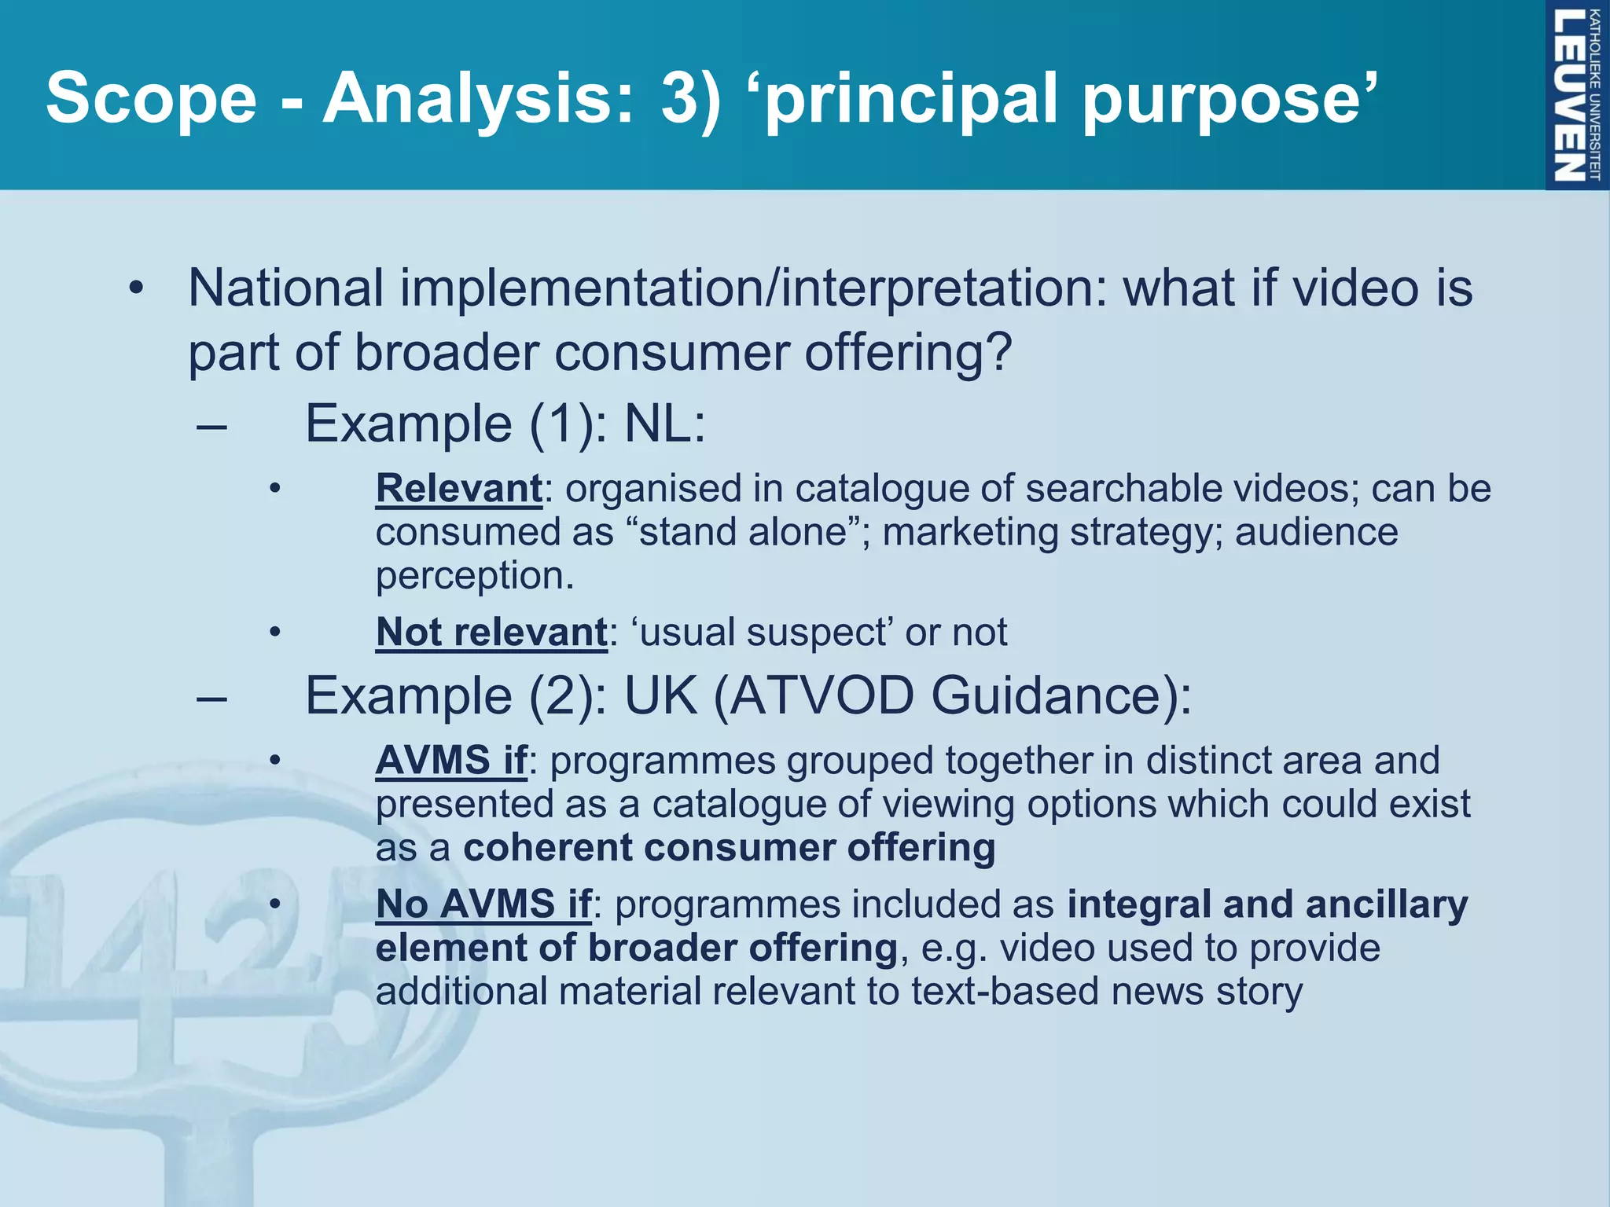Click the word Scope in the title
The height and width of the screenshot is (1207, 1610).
151,98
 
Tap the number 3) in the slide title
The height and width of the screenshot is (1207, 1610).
690,98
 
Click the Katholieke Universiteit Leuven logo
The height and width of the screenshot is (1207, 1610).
1576,95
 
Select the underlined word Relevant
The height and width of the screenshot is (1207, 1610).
459,489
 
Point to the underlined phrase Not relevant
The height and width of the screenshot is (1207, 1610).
491,633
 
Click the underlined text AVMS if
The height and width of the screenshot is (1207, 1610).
451,761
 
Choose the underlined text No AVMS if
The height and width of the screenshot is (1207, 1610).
483,904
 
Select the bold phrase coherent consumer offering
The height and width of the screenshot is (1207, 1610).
729,848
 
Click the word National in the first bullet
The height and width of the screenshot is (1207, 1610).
286,288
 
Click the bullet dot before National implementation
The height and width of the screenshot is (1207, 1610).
137,288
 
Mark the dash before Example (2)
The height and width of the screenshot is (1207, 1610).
212,698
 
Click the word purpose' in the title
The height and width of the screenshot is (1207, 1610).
1229,98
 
